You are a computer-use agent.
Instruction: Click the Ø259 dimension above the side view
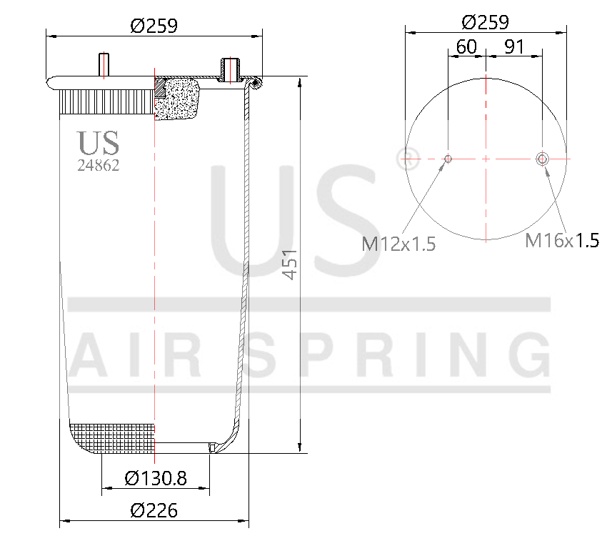click(154, 26)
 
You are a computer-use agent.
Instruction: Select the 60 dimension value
click(466, 47)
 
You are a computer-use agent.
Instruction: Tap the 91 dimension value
click(514, 47)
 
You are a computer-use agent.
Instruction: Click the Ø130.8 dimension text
click(155, 478)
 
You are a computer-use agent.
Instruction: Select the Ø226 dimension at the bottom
click(154, 510)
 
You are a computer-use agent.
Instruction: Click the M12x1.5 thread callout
click(398, 244)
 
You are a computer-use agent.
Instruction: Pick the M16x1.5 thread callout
click(561, 240)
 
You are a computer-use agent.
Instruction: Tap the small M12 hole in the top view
click(448, 158)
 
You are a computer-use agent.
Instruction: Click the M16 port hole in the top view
click(543, 158)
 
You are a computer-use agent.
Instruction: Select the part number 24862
click(98, 165)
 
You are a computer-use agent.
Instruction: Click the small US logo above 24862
click(98, 143)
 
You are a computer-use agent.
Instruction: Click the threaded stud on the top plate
click(103, 64)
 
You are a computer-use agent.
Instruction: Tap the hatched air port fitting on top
click(230, 69)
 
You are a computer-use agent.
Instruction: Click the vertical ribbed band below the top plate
click(107, 101)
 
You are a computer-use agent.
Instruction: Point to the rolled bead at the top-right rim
click(256, 84)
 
